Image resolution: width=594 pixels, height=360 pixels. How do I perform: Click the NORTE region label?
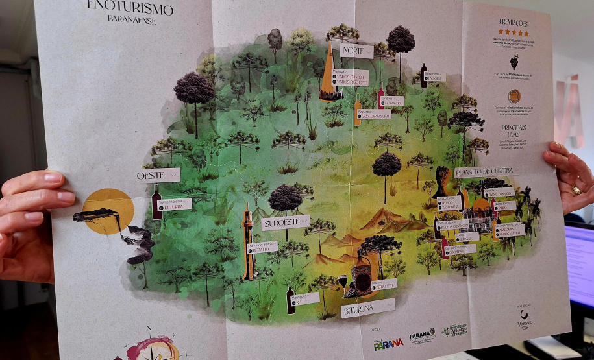tap(356, 51)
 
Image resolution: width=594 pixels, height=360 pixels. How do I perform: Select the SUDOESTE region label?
tap(285, 223)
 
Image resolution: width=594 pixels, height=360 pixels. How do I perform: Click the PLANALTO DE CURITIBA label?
tap(488, 171)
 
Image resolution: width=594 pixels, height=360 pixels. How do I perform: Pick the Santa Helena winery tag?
tap(172, 204)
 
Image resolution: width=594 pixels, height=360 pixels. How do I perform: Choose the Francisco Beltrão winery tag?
tap(262, 247)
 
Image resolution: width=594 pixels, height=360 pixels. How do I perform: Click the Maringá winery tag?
tap(351, 78)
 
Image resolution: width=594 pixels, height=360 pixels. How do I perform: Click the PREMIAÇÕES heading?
tap(513, 22)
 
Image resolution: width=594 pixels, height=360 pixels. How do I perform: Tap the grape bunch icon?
tap(514, 62)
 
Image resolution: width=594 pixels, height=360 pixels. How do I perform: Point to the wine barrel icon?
tap(514, 96)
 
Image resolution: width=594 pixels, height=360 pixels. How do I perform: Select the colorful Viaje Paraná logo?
tap(388, 344)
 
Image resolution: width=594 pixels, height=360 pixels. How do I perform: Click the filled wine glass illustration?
tap(343, 282)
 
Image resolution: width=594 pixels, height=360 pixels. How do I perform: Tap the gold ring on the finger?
tap(576, 190)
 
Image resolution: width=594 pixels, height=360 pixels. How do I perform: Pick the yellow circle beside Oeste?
tap(108, 210)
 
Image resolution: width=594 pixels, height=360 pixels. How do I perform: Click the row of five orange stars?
tap(514, 32)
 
